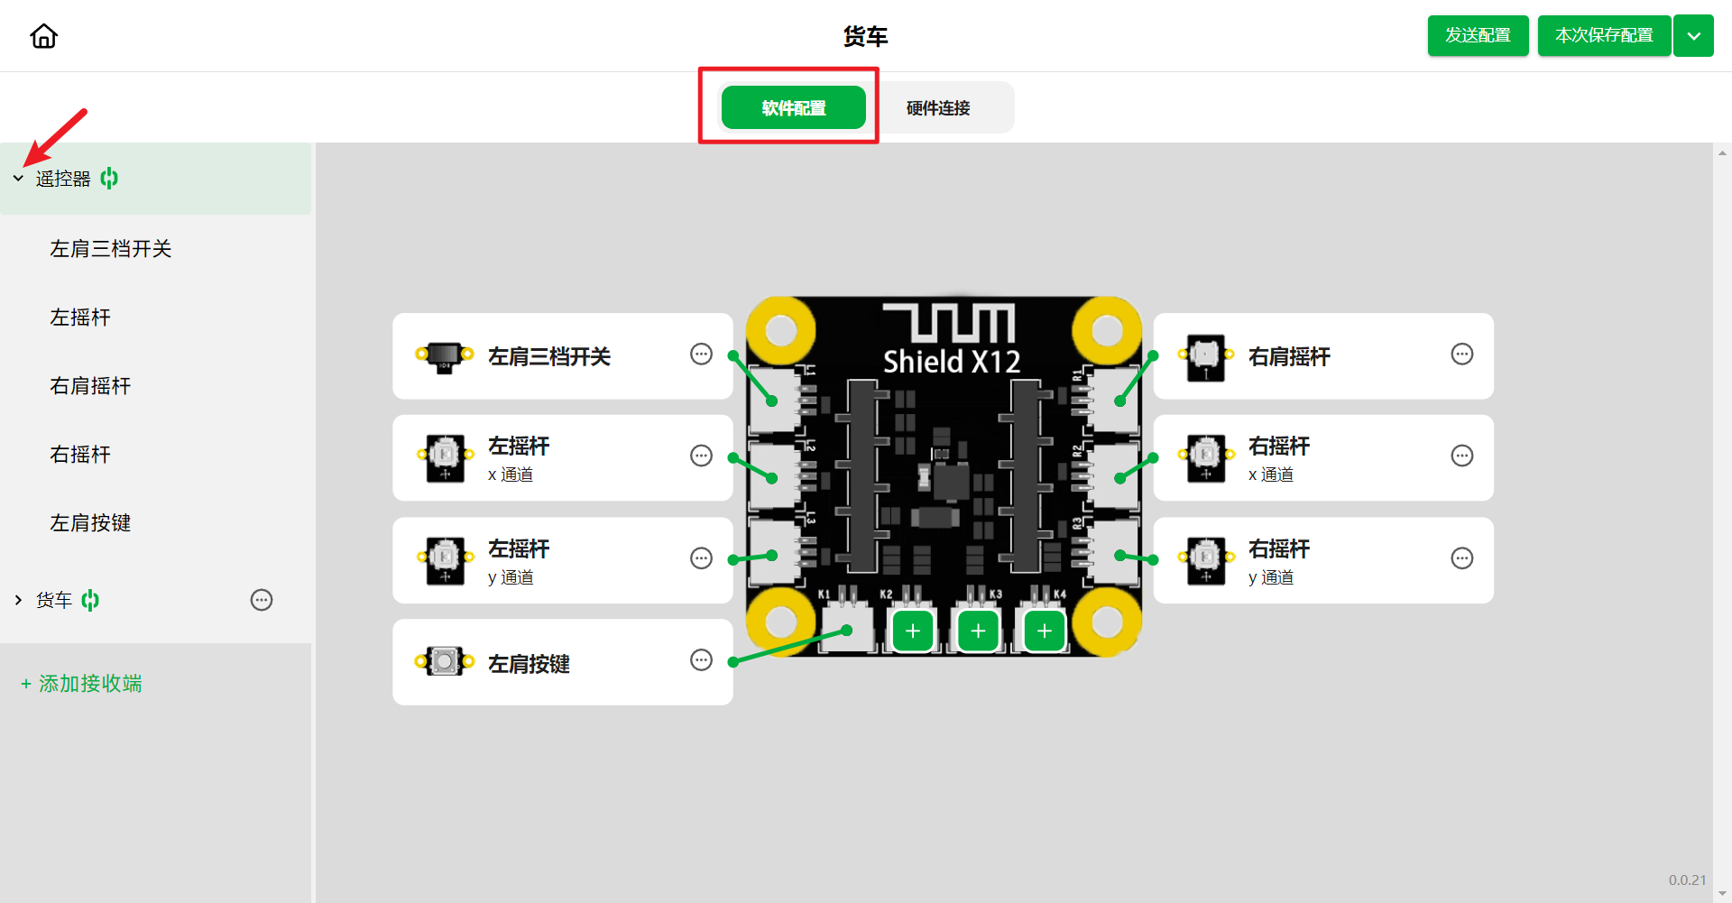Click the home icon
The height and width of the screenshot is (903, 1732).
(x=43, y=36)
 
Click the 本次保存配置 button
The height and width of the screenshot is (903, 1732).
(x=1604, y=35)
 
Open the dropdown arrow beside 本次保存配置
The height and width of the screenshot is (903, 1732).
(x=1693, y=36)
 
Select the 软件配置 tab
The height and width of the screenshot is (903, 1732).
(x=794, y=107)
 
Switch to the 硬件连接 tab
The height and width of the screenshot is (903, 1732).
(x=938, y=108)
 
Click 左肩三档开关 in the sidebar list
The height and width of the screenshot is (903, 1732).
(x=111, y=249)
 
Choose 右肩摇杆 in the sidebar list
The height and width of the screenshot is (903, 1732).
(x=90, y=386)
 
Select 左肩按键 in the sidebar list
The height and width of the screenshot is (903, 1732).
(x=90, y=523)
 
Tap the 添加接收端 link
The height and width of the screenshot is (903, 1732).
(x=81, y=684)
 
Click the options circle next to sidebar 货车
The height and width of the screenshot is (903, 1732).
(x=262, y=600)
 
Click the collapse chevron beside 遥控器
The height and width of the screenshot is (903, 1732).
(x=18, y=179)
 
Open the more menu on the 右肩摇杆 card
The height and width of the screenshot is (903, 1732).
(x=1462, y=354)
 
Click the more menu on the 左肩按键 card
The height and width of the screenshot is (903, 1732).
(x=701, y=660)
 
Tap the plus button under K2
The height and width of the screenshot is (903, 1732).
(x=913, y=631)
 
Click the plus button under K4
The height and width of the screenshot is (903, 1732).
(x=1045, y=631)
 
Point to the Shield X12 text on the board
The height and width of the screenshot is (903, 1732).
(x=952, y=362)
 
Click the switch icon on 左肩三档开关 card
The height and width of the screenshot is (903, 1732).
(x=444, y=356)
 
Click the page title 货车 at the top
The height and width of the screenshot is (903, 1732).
(x=866, y=36)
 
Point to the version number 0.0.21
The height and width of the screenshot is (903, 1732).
(x=1687, y=880)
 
